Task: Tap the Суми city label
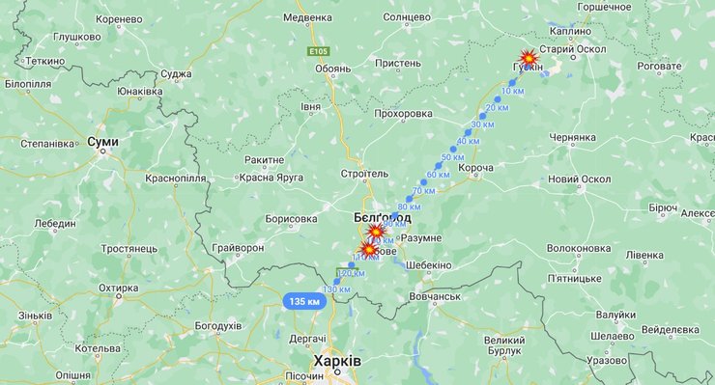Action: [102, 141]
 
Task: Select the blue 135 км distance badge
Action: [303, 302]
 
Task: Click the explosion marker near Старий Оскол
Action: [529, 58]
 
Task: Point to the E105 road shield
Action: [320, 51]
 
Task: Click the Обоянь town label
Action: [332, 68]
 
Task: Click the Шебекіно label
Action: [425, 265]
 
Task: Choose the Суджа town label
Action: [175, 73]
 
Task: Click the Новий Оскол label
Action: [580, 179]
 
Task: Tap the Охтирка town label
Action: [118, 288]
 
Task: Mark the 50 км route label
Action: [452, 156]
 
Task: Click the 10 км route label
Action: [513, 91]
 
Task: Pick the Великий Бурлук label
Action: [511, 345]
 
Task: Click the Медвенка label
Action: [307, 17]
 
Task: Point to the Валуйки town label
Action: [615, 315]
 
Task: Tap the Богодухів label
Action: [217, 326]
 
